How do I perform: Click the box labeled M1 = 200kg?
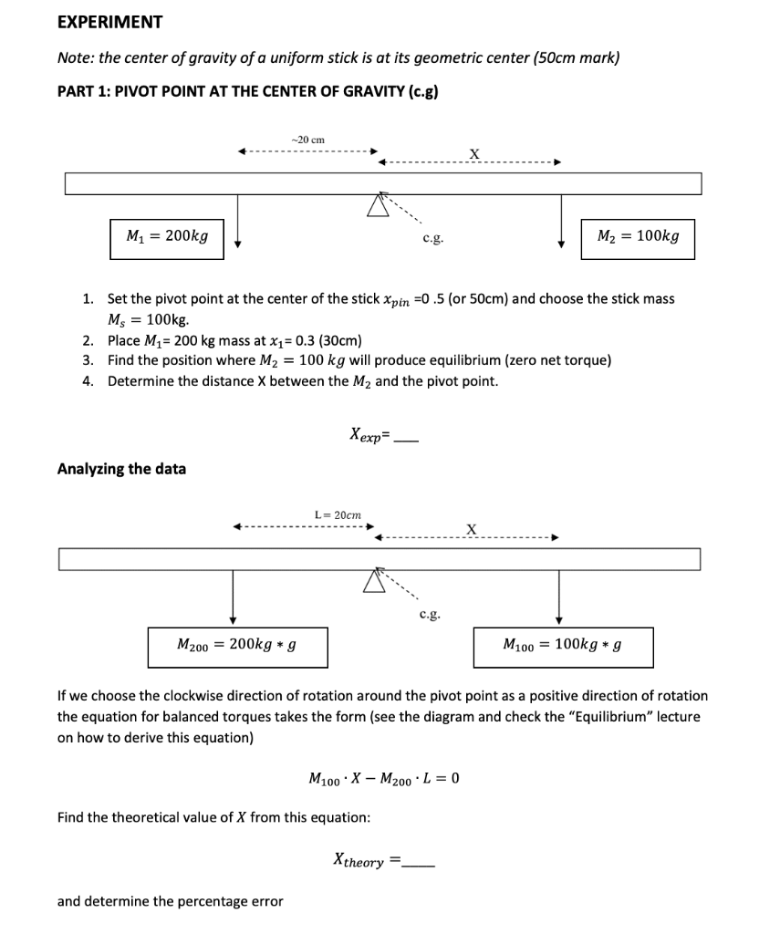click(x=167, y=237)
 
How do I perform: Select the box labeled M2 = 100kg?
click(x=638, y=237)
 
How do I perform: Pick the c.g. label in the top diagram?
click(x=433, y=238)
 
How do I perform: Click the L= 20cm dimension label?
click(x=338, y=515)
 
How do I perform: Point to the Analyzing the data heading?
click(x=121, y=469)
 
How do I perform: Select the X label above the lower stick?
click(x=471, y=529)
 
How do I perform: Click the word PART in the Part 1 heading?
click(x=76, y=93)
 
